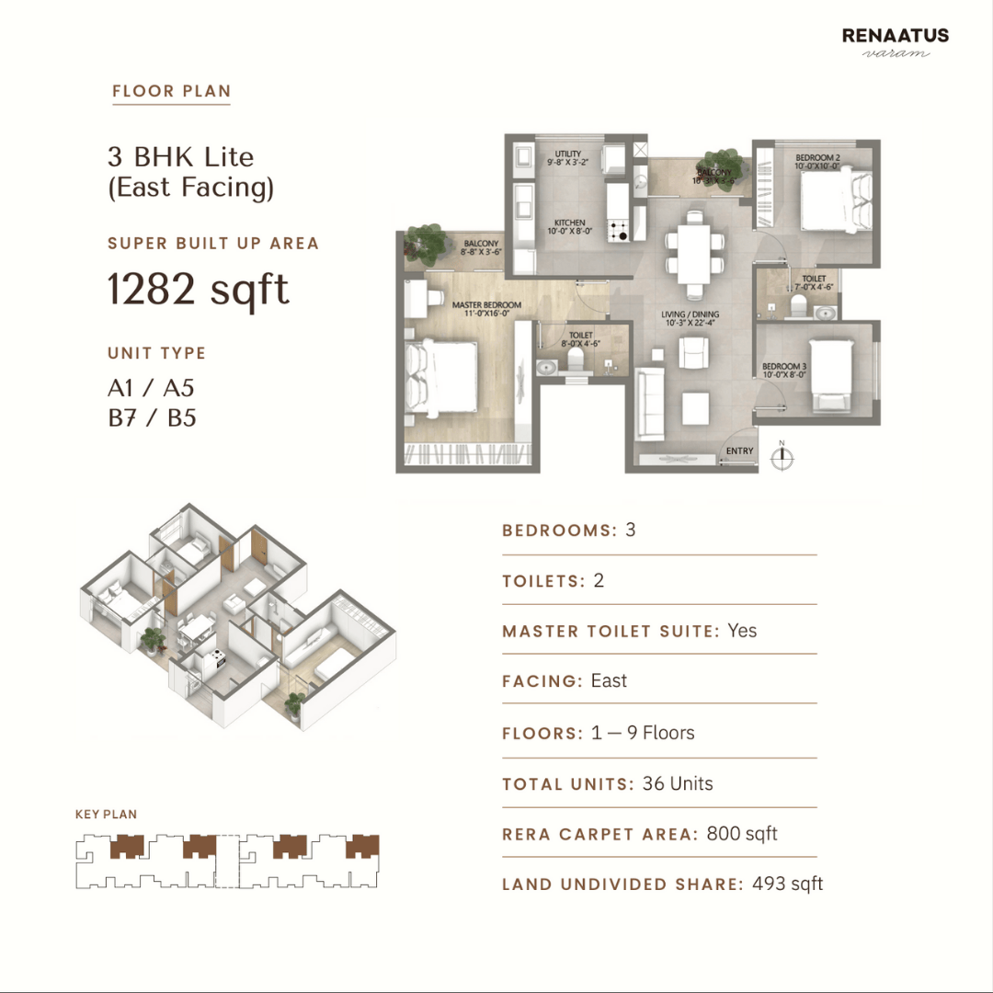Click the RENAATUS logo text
point(895,37)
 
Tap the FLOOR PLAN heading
point(171,91)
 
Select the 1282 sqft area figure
point(198,289)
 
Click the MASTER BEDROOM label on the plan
point(486,305)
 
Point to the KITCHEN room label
point(570,223)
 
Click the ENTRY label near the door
point(739,451)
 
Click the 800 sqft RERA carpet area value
point(742,834)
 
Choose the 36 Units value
point(678,783)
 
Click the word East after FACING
point(609,680)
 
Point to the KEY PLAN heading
point(106,815)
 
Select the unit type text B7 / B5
point(152,418)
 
